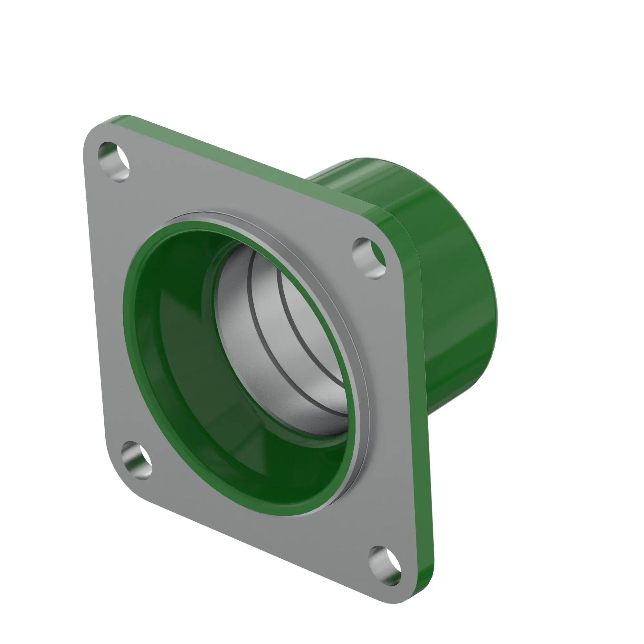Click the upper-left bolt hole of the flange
(114, 162)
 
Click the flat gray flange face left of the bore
(107, 300)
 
